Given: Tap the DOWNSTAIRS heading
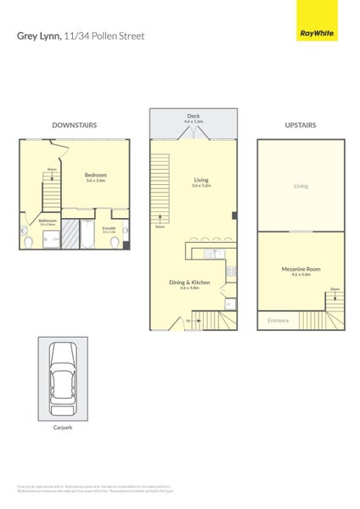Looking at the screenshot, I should pyautogui.click(x=74, y=125).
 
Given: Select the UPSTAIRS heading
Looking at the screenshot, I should pyautogui.click(x=301, y=125).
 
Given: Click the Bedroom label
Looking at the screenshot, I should pyautogui.click(x=96, y=176).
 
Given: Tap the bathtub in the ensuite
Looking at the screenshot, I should pyautogui.click(x=87, y=232).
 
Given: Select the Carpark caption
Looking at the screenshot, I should pyautogui.click(x=62, y=428).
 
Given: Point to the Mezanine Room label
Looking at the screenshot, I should pyautogui.click(x=301, y=271).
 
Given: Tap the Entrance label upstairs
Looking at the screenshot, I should pyautogui.click(x=278, y=321).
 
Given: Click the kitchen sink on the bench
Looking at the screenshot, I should pyautogui.click(x=216, y=253).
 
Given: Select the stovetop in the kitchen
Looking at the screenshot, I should pyautogui.click(x=230, y=271).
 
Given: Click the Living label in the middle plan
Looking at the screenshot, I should pyautogui.click(x=201, y=181).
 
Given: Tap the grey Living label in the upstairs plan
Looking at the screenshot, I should pyautogui.click(x=301, y=186).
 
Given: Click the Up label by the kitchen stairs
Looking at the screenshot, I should pyautogui.click(x=186, y=321).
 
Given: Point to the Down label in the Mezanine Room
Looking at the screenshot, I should pyautogui.click(x=335, y=289).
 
